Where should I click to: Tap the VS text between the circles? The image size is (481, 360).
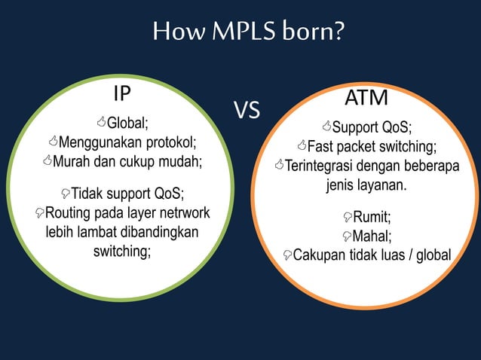tap(247, 111)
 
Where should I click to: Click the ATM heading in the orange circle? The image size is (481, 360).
tap(366, 99)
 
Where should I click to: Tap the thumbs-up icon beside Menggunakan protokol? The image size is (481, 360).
tap(52, 142)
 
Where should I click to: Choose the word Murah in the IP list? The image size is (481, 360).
tap(72, 161)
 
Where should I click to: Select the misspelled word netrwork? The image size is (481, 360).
tap(184, 212)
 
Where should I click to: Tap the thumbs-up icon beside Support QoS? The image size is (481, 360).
tap(326, 125)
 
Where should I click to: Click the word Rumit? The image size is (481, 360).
tap(372, 218)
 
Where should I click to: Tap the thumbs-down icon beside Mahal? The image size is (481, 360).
tap(347, 237)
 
